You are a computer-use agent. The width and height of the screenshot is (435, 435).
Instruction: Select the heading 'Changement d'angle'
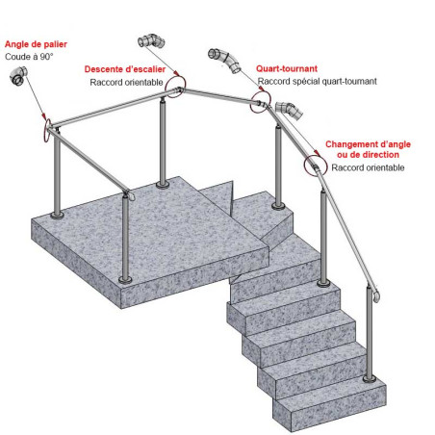point(371,144)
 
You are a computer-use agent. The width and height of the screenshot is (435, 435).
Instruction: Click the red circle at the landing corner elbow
point(44,125)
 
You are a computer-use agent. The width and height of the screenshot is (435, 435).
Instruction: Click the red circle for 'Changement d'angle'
point(315,165)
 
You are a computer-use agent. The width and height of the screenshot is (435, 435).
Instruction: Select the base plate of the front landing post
point(123,280)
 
